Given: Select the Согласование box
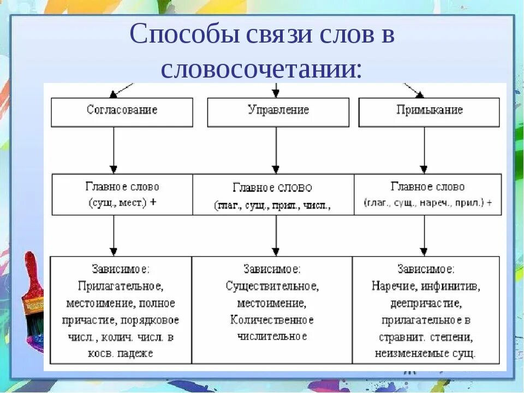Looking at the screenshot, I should [122, 111].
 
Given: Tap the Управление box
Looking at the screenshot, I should [278, 111].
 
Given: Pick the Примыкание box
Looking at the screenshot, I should [429, 111].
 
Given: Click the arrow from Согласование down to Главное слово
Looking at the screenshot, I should [114, 150].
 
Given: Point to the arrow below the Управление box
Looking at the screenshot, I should [276, 150].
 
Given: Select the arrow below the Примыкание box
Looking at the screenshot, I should [423, 150].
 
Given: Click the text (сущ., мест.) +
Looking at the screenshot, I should [122, 202].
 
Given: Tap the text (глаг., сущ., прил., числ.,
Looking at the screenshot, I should [272, 206].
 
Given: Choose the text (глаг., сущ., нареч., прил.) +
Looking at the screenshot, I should [428, 203].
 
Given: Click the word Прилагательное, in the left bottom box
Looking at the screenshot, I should [121, 286].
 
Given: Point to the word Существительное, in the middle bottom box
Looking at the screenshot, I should [272, 286].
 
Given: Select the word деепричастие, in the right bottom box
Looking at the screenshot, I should [426, 303].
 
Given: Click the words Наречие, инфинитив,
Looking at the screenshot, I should [426, 286].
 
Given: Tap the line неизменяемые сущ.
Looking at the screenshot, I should [426, 353].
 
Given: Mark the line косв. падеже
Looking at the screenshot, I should [121, 353].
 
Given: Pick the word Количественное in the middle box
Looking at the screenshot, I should [272, 319].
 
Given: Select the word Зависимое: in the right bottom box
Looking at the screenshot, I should [426, 269].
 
